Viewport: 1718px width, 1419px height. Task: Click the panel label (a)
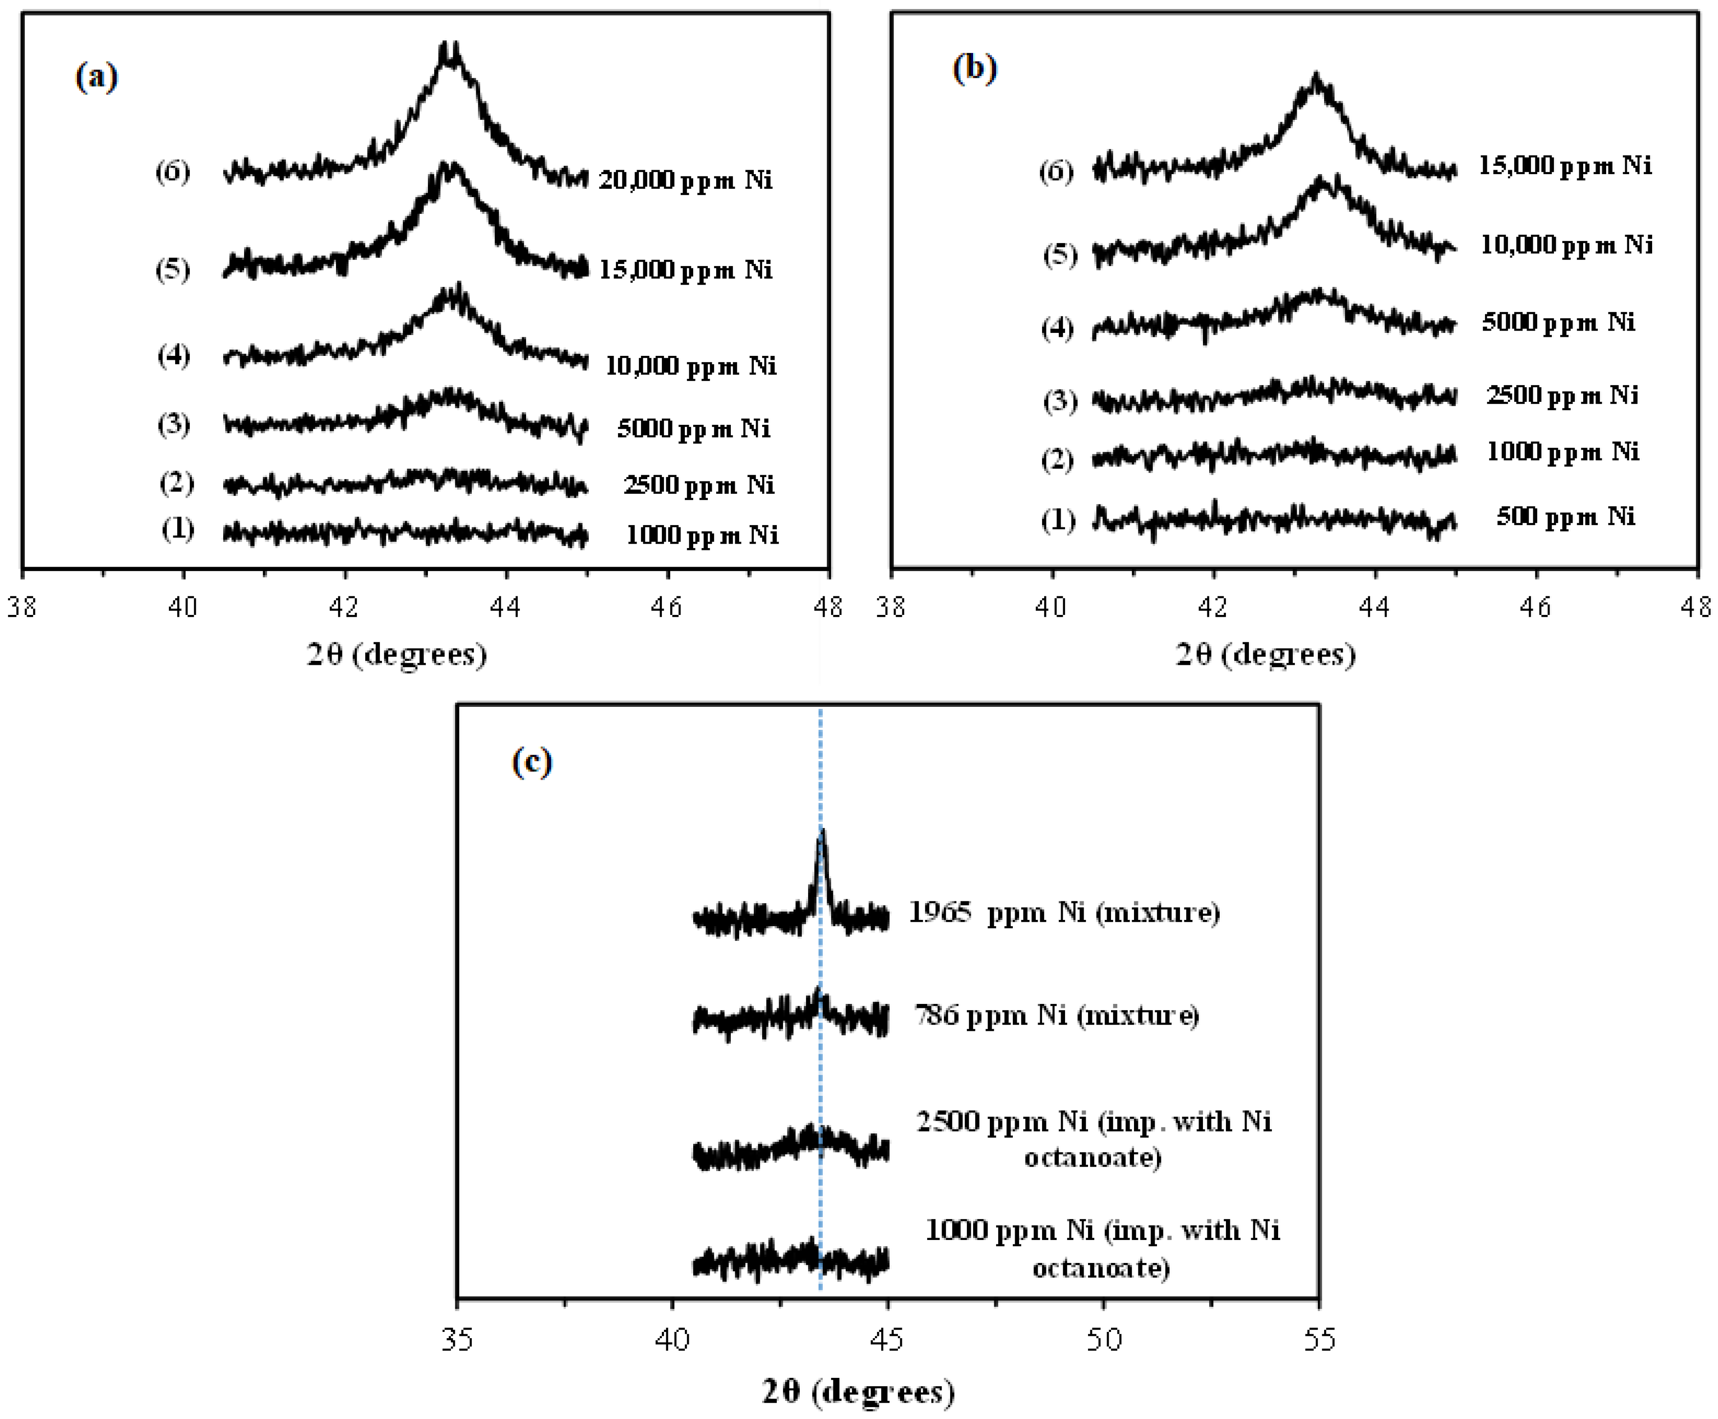[96, 78]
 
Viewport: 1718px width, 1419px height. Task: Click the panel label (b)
[974, 68]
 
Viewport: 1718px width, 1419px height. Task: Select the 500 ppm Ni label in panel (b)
[1565, 517]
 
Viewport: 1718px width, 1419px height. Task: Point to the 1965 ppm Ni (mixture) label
[1064, 912]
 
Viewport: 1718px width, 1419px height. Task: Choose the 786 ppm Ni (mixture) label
[1056, 1015]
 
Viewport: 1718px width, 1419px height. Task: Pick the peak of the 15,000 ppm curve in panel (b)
[1316, 79]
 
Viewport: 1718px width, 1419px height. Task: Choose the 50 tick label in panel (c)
[1103, 1339]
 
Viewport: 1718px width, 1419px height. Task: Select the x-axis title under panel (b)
[1265, 654]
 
